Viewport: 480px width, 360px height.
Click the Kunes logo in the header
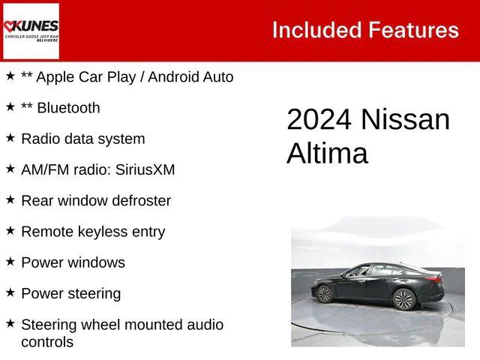31,31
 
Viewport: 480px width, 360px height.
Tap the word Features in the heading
413,30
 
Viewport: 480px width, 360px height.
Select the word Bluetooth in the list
67,108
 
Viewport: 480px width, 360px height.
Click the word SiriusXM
145,170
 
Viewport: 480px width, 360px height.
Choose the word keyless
100,232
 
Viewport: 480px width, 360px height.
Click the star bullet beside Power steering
10,292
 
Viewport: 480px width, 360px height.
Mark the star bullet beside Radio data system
10,137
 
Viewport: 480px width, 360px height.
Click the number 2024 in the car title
319,121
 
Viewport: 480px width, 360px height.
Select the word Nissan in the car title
405,121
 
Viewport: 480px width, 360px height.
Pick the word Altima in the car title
327,154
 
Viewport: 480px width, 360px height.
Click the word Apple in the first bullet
56,76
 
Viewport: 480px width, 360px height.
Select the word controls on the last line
47,342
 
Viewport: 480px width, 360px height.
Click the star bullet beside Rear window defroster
10,199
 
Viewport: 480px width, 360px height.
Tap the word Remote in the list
46,232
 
